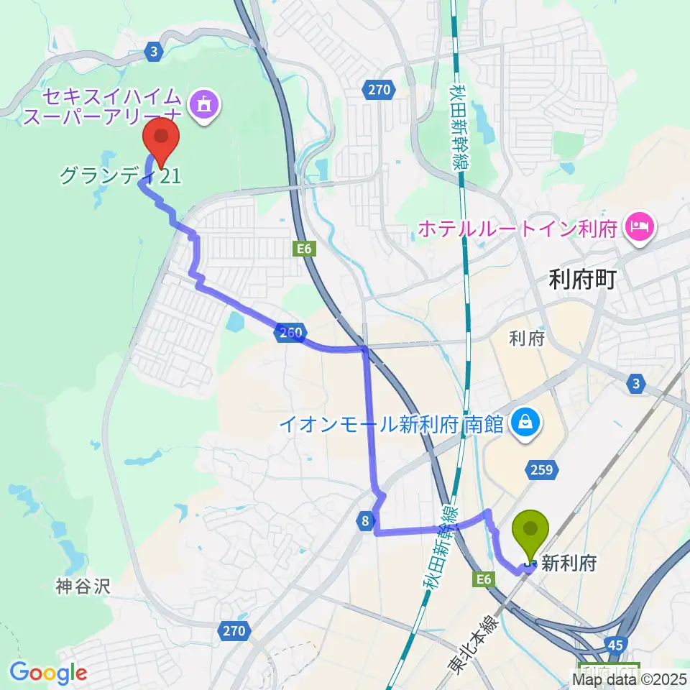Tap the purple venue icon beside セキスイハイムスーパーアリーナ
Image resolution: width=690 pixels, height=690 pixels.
pos(203,106)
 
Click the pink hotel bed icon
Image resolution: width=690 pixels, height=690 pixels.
pos(638,229)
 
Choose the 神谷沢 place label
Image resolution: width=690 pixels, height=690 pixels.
pos(83,586)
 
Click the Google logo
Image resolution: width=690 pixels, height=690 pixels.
pos(49,673)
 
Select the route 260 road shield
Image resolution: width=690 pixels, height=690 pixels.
pos(290,332)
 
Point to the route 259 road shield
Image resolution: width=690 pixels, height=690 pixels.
pos(543,470)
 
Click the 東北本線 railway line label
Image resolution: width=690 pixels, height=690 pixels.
pos(471,642)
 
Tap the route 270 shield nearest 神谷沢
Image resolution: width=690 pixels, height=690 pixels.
pos(233,630)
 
